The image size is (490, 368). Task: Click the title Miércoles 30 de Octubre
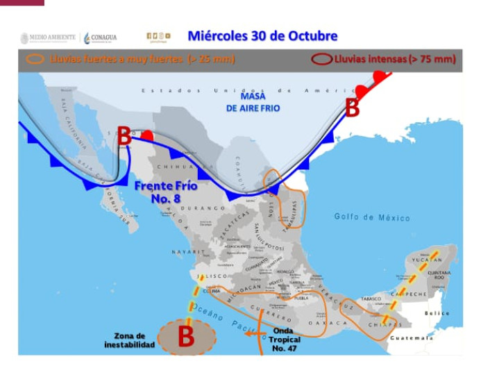262,36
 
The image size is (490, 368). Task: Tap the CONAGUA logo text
104,37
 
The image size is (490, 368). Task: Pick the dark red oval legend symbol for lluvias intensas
321,60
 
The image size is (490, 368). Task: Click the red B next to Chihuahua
124,136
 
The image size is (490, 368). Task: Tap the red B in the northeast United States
353,108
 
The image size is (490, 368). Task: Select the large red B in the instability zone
186,337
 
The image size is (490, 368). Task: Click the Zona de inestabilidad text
130,340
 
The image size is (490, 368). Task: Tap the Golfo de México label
372,217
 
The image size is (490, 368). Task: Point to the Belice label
438,313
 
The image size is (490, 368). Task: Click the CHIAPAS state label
385,324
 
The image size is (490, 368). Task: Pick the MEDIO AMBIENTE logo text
53,37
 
